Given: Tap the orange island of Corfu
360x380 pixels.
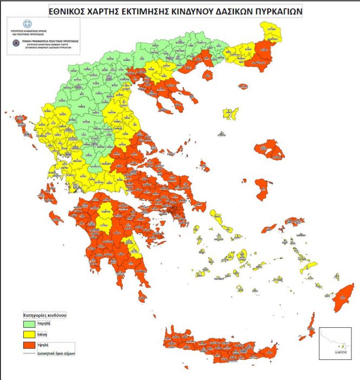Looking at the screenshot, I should tap(20, 121).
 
